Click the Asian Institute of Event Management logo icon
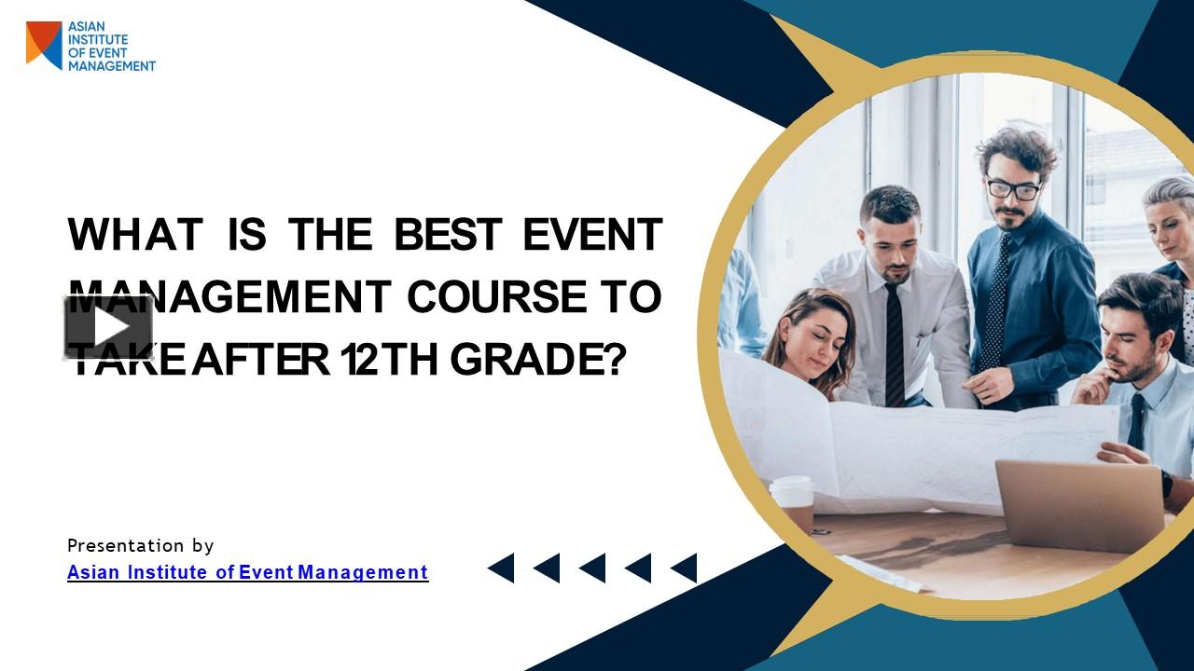[44, 45]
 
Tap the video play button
[108, 327]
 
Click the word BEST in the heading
[448, 235]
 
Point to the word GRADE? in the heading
[536, 360]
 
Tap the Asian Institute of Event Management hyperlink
[247, 572]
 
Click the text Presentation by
[140, 545]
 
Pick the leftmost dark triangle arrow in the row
[501, 568]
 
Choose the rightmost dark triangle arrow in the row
[684, 568]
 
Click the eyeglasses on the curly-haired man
[1013, 189]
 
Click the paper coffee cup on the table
[793, 503]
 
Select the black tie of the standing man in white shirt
[895, 345]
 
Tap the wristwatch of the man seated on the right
[1166, 484]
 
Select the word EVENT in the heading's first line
[592, 235]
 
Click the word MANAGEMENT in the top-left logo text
[112, 66]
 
